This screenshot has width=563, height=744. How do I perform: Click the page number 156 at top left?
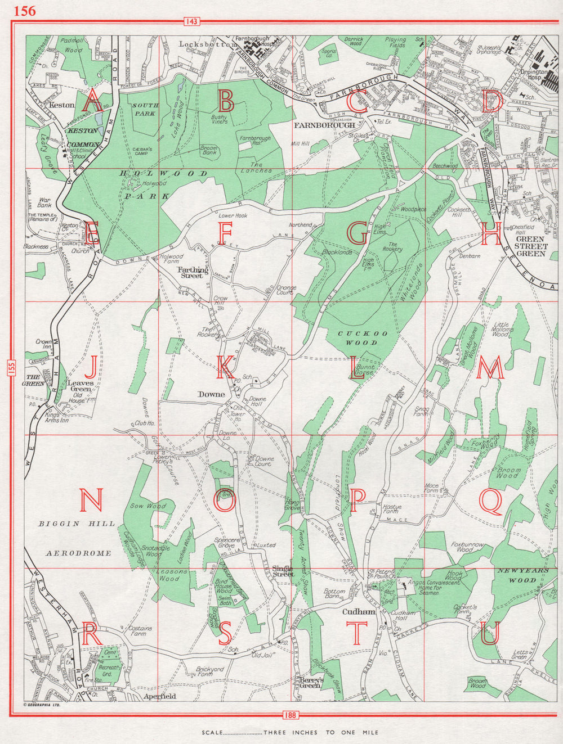pyautogui.click(x=24, y=10)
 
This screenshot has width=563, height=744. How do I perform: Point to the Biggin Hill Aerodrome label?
pyautogui.click(x=78, y=538)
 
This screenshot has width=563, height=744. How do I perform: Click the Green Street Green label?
pyautogui.click(x=530, y=246)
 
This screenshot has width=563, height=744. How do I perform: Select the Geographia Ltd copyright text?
pyautogui.click(x=42, y=704)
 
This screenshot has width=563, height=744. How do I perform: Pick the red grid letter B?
pyautogui.click(x=226, y=102)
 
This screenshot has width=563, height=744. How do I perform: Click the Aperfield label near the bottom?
pyautogui.click(x=160, y=696)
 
